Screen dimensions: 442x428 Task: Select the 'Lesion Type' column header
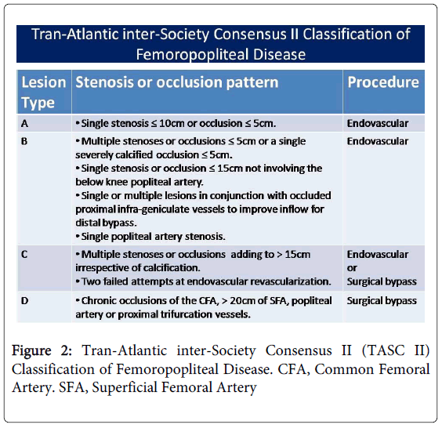tap(43, 92)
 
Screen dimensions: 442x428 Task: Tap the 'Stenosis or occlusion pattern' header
tap(176, 82)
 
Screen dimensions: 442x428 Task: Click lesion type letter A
tap(26, 123)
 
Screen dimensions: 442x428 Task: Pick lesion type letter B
tap(26, 141)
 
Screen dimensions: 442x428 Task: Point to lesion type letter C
tap(26, 254)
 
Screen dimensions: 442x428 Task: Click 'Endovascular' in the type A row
tap(377, 123)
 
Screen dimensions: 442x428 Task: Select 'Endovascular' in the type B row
tap(377, 141)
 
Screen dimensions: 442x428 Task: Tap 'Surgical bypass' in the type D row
tap(382, 301)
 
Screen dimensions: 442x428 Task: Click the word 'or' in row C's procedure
tap(352, 267)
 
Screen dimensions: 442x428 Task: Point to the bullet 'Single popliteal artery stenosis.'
tap(151, 235)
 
